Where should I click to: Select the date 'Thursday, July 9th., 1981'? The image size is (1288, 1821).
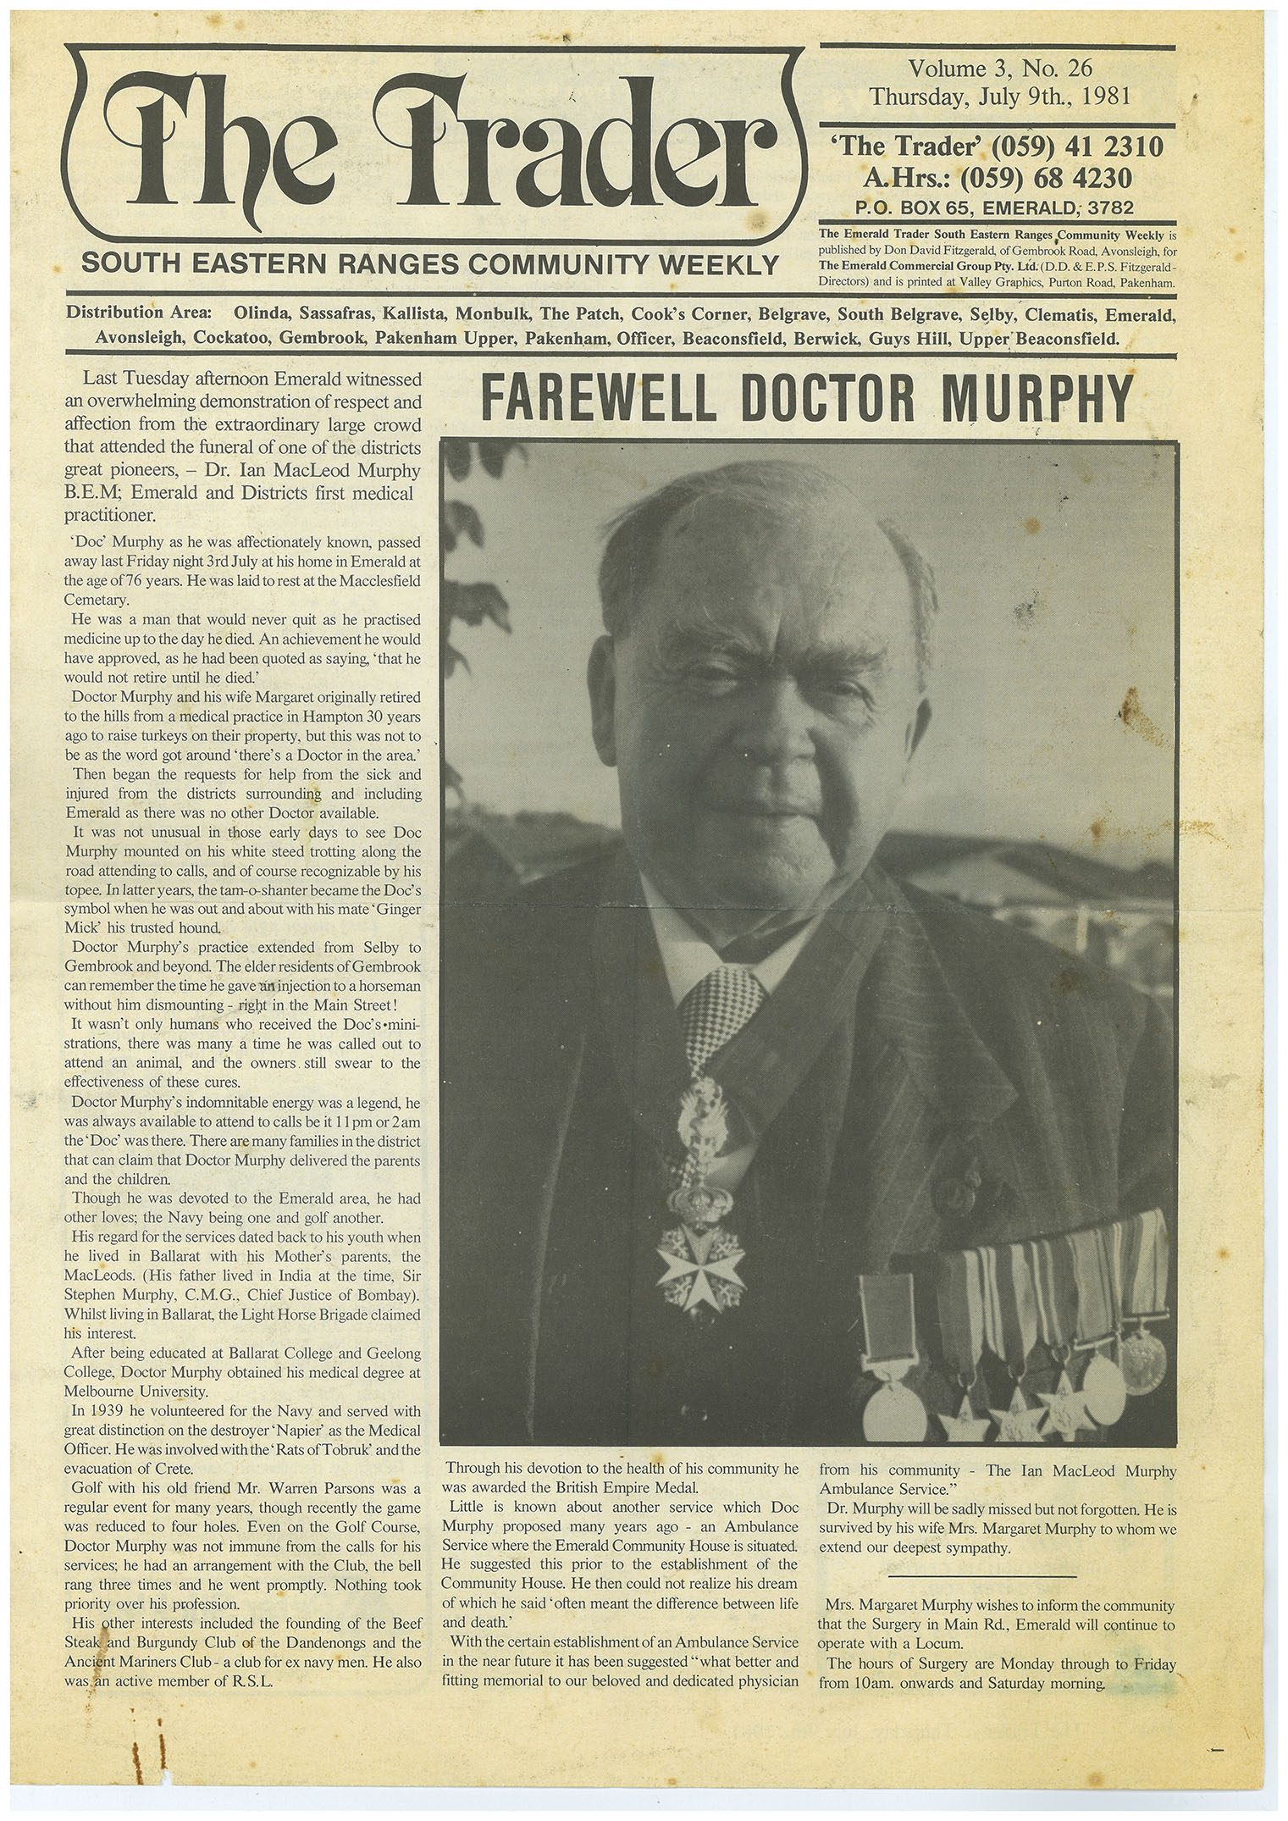[1001, 96]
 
